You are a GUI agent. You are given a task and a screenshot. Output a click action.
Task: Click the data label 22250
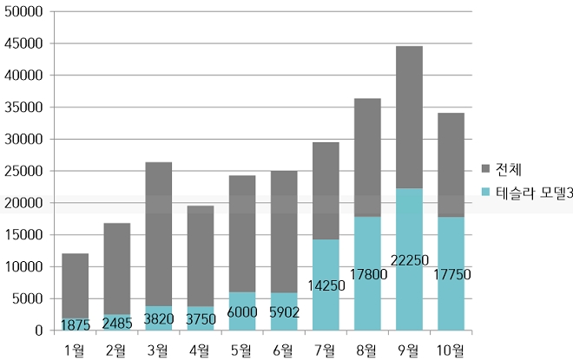(409, 260)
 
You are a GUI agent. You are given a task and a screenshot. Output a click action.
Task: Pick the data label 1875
(75, 325)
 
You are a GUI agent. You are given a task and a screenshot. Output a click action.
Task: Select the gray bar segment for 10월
(451, 165)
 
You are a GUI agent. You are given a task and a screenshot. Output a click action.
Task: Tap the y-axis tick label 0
(38, 331)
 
